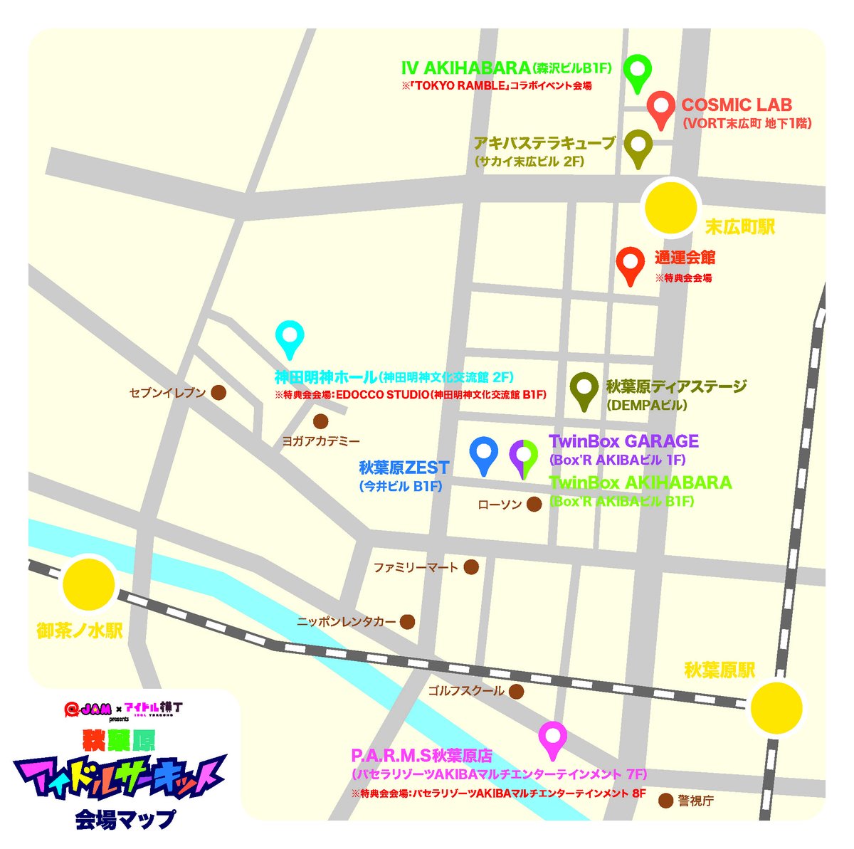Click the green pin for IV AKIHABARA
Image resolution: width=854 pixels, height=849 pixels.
[x=638, y=70]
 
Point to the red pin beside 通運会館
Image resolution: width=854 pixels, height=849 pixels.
[x=630, y=263]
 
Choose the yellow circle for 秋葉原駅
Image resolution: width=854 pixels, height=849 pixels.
[x=777, y=707]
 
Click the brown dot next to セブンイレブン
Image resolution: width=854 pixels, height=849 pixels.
[x=219, y=392]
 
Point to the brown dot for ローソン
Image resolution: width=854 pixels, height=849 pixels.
[x=534, y=505]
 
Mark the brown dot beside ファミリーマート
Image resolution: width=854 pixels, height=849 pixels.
[x=470, y=567]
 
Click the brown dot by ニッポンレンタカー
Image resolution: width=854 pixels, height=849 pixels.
[x=407, y=621]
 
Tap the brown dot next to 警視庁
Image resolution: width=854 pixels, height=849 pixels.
[x=665, y=801]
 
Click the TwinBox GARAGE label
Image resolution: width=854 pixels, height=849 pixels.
[x=623, y=441]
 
